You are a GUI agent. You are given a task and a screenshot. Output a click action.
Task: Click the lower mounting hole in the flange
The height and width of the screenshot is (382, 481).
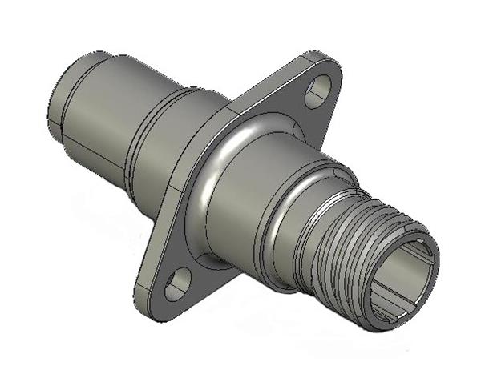(x=178, y=281)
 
